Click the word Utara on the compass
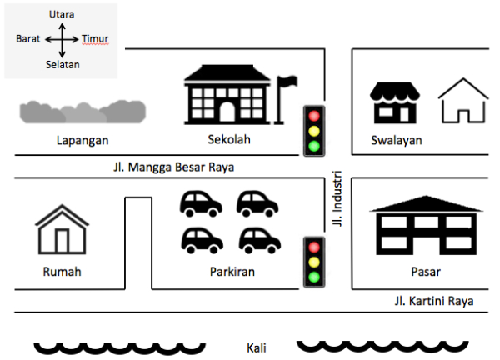click(x=62, y=14)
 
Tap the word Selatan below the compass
click(x=62, y=65)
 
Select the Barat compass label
click(x=28, y=39)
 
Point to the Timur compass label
click(x=95, y=39)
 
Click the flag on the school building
click(x=288, y=82)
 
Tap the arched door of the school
click(x=227, y=112)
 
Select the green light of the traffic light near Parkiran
click(x=314, y=277)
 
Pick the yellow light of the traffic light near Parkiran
click(x=314, y=262)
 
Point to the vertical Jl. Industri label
click(x=337, y=204)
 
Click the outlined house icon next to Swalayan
click(x=463, y=102)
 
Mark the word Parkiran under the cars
click(x=232, y=272)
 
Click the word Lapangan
click(x=82, y=140)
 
